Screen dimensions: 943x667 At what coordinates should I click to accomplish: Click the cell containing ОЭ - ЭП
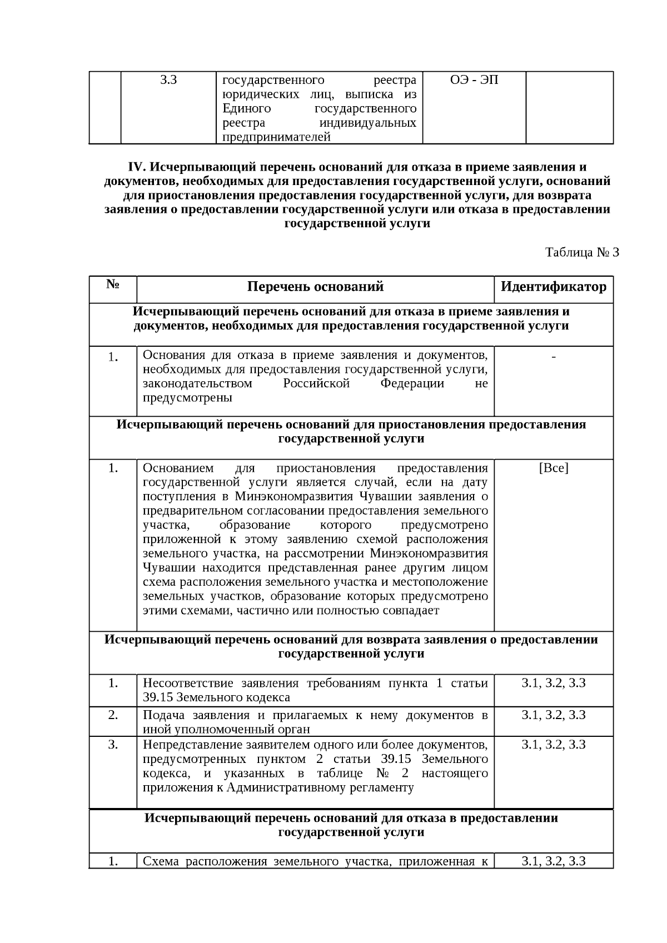(x=474, y=80)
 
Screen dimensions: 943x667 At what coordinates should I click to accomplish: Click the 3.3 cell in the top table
(x=168, y=80)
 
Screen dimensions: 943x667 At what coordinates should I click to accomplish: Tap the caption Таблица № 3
(x=582, y=253)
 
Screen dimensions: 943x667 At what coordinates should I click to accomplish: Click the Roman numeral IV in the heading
(x=136, y=167)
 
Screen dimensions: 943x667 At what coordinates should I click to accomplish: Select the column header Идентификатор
(x=553, y=287)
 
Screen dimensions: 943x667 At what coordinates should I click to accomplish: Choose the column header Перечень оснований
(x=315, y=287)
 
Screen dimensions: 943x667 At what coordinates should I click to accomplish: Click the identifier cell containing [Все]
(x=554, y=468)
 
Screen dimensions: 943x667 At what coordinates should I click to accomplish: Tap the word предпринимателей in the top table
(x=277, y=137)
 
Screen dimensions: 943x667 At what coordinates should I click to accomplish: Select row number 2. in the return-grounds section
(x=113, y=715)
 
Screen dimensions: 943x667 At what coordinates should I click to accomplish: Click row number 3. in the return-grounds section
(x=113, y=745)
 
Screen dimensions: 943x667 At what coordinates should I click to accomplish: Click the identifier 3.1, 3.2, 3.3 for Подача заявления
(x=554, y=715)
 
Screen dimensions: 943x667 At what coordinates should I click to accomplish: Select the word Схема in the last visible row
(x=161, y=862)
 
